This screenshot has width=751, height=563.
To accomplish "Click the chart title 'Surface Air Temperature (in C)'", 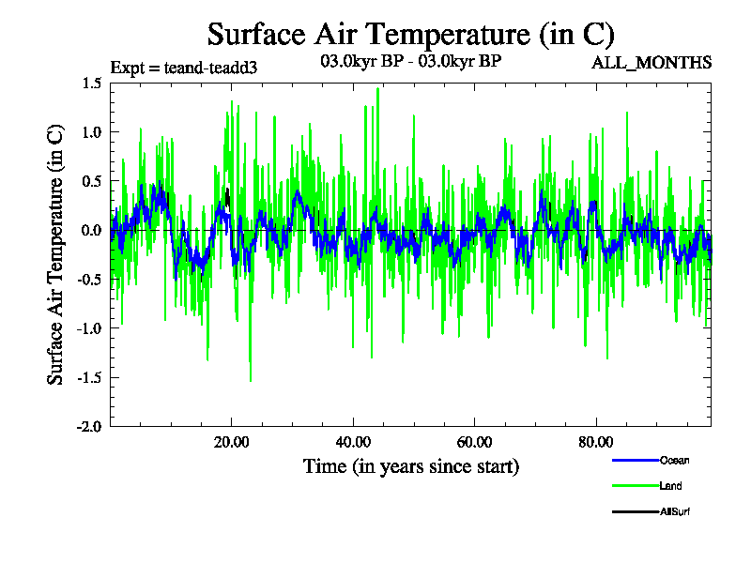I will point(410,34).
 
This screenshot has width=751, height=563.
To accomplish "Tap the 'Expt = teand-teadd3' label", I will point(184,68).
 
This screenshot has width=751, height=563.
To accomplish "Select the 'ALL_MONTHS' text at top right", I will point(651,63).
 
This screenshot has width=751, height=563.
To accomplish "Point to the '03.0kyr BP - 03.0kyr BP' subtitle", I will point(411,63).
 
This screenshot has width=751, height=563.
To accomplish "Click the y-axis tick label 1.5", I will point(91,84).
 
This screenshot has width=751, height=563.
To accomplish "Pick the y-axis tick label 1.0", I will point(91,132).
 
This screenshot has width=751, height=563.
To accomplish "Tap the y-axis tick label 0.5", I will point(91,181).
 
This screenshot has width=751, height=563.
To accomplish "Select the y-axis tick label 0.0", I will point(91,230).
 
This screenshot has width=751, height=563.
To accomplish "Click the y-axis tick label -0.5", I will point(89,279).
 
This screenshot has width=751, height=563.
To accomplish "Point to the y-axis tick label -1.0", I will point(89,327).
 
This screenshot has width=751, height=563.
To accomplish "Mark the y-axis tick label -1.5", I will point(89,377).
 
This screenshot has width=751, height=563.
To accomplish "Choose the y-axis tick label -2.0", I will point(89,426).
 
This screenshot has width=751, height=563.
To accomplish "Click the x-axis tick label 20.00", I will point(231,442).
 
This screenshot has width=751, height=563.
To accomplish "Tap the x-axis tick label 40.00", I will point(353,442).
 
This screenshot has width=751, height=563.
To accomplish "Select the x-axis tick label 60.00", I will point(475,442).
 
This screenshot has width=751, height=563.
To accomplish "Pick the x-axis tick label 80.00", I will point(596,442).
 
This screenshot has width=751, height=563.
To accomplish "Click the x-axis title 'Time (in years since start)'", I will point(410,466).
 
